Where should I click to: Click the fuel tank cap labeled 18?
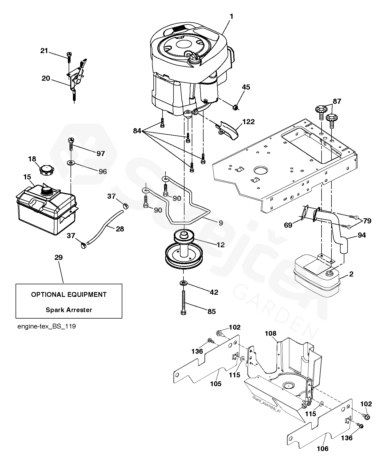46,170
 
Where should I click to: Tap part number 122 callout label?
248,122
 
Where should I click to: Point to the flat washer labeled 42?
183,283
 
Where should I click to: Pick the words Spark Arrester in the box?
69,310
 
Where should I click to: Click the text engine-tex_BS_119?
47,327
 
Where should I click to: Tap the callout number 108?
270,333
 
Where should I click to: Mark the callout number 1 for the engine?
231,17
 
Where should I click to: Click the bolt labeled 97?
71,144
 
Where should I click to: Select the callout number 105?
216,384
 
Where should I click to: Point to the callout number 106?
322,449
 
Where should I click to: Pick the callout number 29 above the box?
58,258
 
